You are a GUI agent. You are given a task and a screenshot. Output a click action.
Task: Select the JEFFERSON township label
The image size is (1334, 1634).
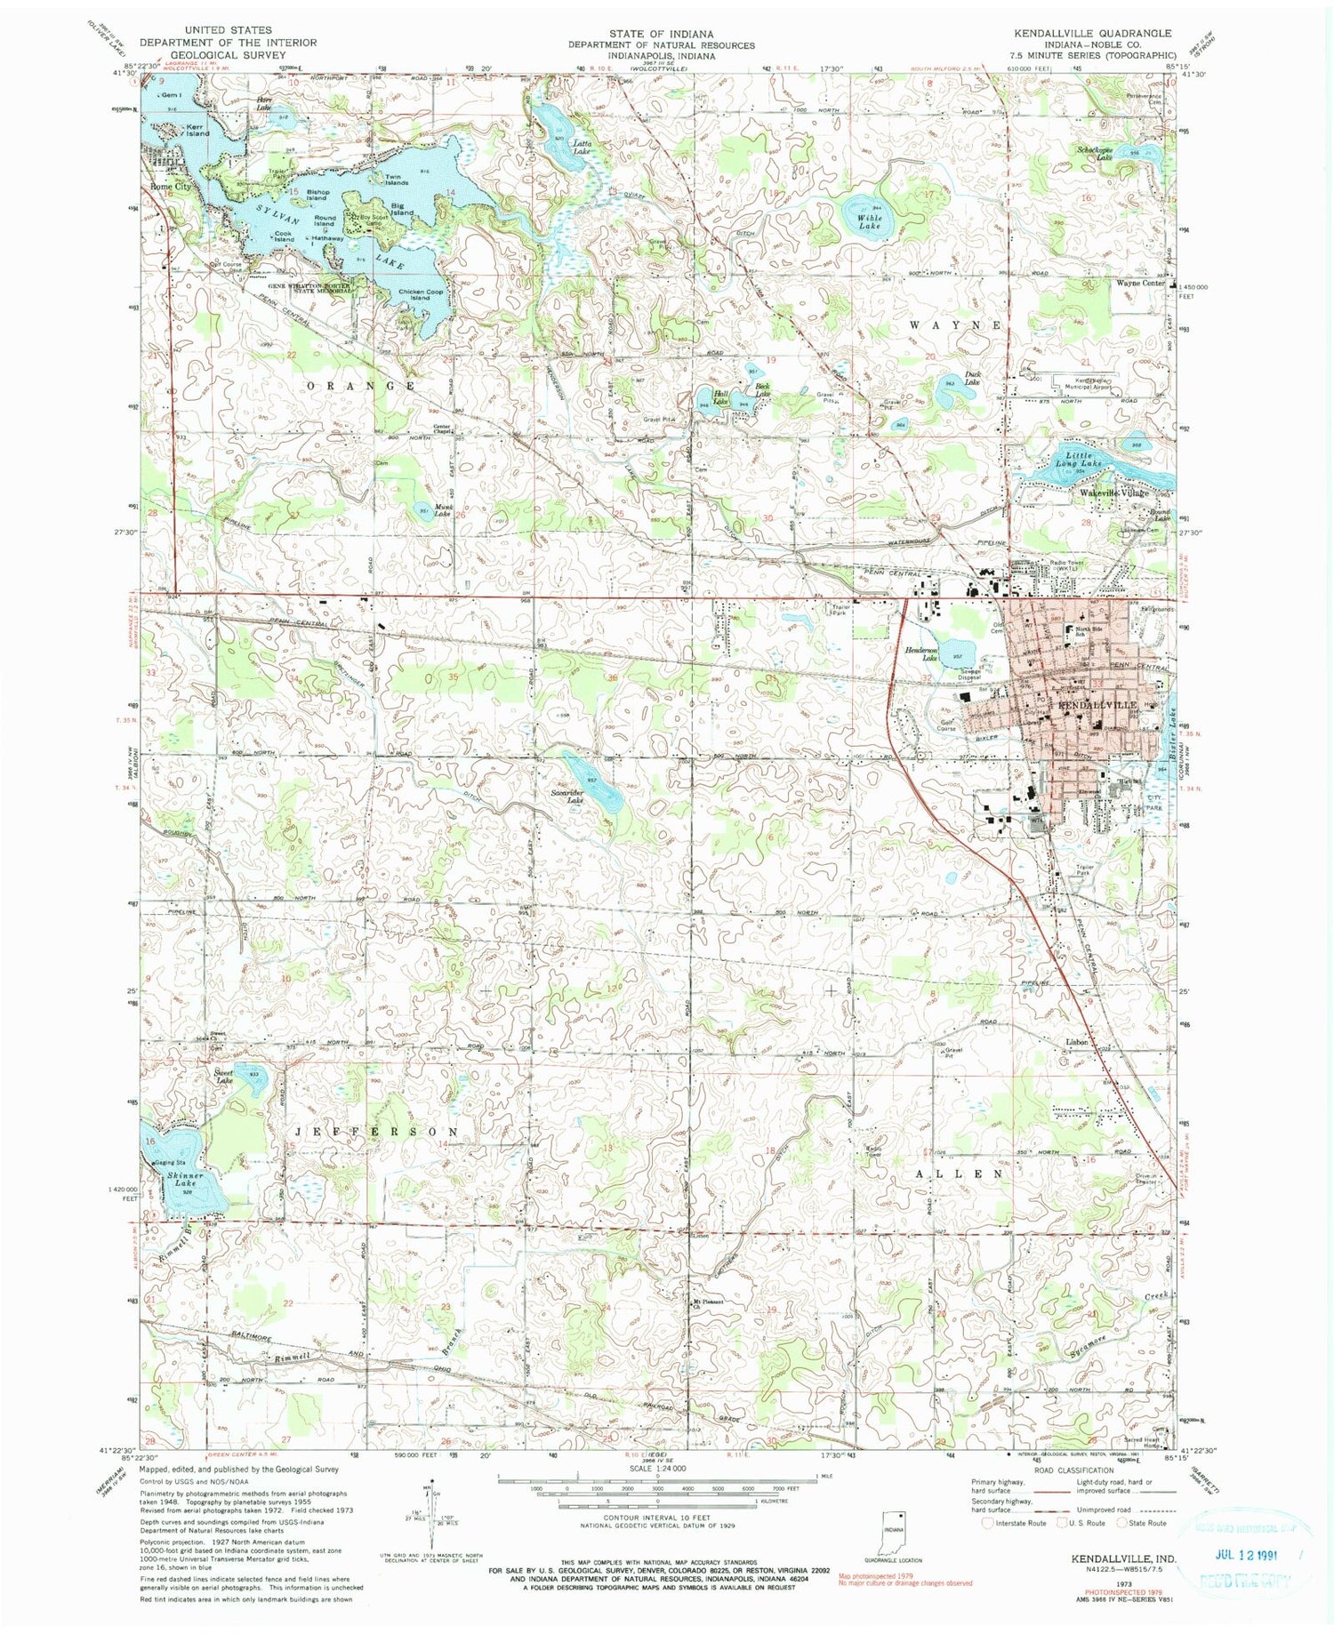pyautogui.click(x=377, y=1132)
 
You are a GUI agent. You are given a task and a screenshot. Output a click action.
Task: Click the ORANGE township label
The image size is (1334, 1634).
pyautogui.click(x=361, y=386)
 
